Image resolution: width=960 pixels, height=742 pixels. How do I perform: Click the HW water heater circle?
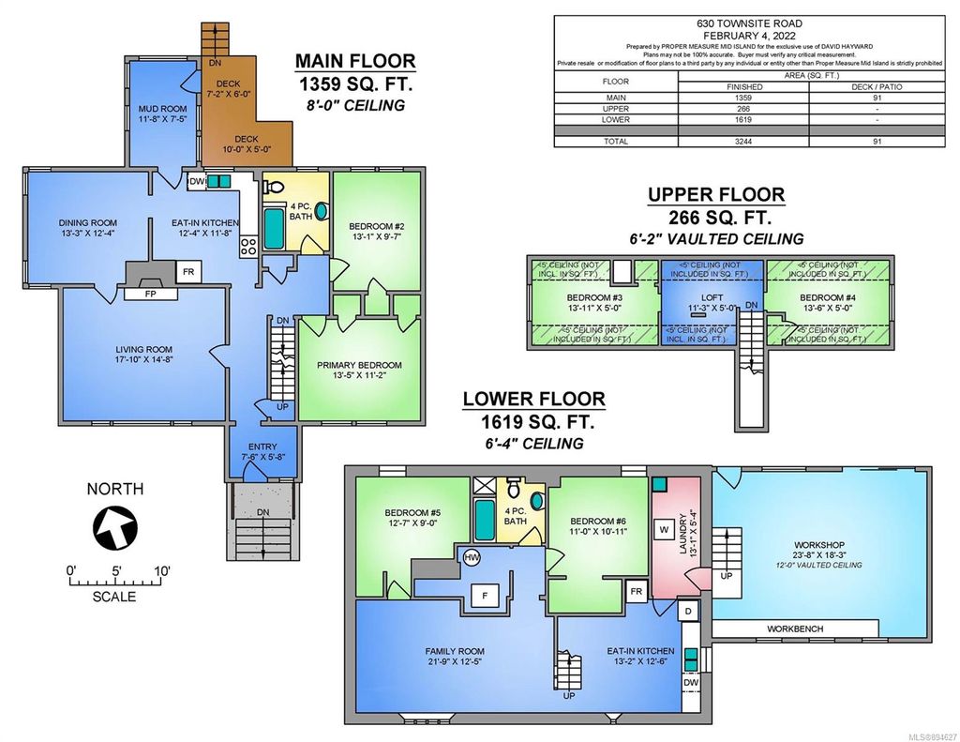coord(472,557)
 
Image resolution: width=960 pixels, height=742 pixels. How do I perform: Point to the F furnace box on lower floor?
coord(486,596)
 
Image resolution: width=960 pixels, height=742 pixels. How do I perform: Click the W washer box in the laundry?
coord(663,530)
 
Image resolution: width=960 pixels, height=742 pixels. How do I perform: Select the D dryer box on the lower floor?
coord(690,611)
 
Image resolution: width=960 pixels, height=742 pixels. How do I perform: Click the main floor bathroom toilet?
coord(321,210)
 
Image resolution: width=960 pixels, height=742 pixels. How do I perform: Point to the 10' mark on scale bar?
coord(162,569)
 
